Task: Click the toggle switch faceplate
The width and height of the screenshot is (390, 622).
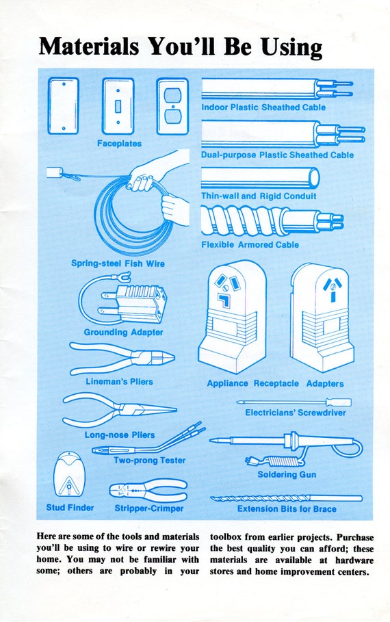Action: [x=118, y=106]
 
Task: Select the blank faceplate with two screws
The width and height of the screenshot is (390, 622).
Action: [x=64, y=106]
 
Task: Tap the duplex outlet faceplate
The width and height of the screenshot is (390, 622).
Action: [x=172, y=106]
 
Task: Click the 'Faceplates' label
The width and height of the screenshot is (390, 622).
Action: [x=120, y=144]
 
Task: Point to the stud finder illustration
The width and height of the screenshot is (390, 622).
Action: [x=69, y=475]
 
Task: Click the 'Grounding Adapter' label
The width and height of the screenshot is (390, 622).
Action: [x=123, y=333]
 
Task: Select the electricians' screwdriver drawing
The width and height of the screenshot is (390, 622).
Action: [x=294, y=402]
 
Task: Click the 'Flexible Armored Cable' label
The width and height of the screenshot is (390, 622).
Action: [x=250, y=245]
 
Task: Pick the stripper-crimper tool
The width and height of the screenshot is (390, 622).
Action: [x=148, y=491]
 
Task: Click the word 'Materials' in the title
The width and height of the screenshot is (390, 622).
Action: [x=89, y=47]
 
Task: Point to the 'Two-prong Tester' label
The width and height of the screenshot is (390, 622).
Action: [x=150, y=461]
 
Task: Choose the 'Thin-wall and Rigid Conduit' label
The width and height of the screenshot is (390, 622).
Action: [x=259, y=196]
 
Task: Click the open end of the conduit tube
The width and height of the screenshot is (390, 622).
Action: [x=314, y=178]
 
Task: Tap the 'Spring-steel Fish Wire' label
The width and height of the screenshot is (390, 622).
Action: [x=118, y=263]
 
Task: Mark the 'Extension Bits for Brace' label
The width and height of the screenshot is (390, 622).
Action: [x=287, y=509]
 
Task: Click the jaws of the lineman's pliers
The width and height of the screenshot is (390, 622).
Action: [x=161, y=357]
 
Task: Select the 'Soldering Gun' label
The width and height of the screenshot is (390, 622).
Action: [x=287, y=474]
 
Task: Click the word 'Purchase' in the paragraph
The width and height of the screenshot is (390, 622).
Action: [x=355, y=537]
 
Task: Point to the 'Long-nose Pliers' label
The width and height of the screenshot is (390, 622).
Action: [x=120, y=435]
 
